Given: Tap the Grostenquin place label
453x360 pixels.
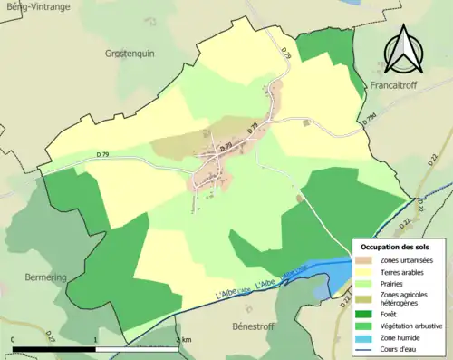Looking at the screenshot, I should [130, 54].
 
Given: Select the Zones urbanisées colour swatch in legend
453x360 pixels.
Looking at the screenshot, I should [367, 261].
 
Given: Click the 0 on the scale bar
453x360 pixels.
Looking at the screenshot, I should [13, 340].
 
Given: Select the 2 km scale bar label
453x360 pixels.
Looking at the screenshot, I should [184, 340].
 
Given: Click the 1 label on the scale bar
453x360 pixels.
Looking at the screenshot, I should [96, 340].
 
